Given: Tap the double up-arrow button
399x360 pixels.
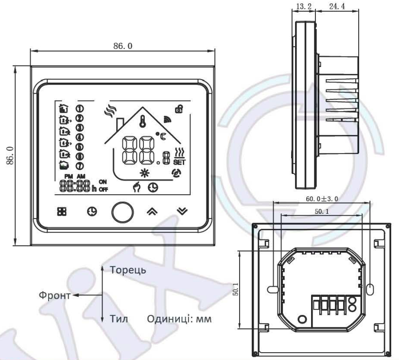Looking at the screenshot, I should pyautogui.click(x=152, y=211).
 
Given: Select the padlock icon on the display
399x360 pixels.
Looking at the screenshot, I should pyautogui.click(x=179, y=110).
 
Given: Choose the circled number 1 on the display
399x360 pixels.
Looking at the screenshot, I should pyautogui.click(x=79, y=108).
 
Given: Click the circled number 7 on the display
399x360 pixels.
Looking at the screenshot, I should pyautogui.click(x=79, y=166).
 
